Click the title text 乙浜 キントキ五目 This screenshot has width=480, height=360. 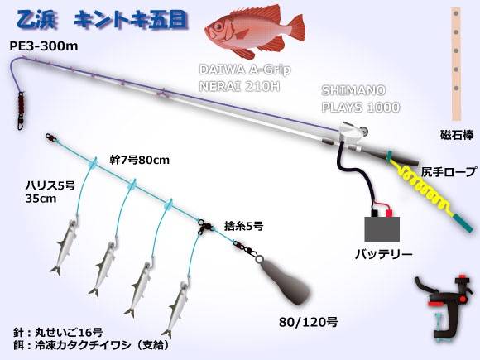101,21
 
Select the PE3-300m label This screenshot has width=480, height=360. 44,46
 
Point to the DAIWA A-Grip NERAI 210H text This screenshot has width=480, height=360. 244,78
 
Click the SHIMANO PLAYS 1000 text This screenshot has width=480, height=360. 361,98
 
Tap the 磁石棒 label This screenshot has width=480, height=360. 457,135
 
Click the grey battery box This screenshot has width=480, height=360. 382,229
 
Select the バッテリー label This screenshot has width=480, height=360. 383,254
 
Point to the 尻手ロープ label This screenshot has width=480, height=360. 449,171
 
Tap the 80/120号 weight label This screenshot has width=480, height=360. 308,322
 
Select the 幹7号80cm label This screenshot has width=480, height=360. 140,160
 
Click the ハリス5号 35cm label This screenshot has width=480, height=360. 50,192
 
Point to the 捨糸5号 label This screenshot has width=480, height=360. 243,226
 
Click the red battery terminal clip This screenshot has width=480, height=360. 389,213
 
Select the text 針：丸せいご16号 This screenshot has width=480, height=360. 58,332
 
